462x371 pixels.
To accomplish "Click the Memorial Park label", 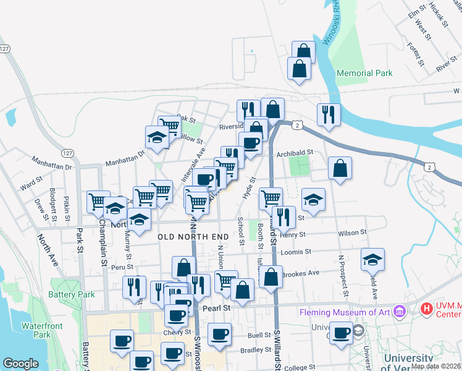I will (364, 73).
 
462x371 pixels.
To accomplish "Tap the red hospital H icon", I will (426, 308).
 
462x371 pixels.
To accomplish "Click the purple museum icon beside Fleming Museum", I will (398, 310).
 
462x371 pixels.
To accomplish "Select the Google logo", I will (20, 364).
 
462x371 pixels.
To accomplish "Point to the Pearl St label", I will (217, 307).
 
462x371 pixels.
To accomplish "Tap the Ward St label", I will (30, 184).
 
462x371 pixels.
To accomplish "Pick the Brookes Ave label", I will (300, 273).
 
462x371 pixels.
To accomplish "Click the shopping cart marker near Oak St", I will (169, 127).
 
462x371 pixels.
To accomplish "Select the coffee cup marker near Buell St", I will (219, 335).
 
